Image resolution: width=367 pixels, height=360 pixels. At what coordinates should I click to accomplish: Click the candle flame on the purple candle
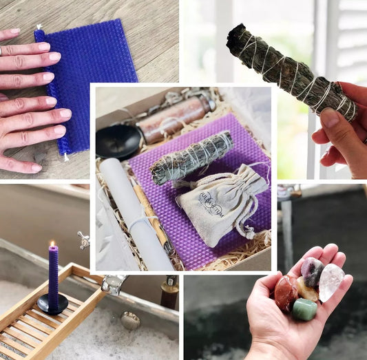point(52,244)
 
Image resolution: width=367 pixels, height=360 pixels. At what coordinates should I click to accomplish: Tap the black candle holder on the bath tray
point(52,304)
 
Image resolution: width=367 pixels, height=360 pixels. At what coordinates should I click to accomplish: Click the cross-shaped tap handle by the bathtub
point(83,240)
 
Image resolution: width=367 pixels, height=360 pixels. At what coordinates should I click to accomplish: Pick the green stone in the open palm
point(304,308)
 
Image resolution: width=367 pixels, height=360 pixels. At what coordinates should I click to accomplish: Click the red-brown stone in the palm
point(286,293)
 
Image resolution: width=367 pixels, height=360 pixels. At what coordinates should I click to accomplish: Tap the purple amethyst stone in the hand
point(312,271)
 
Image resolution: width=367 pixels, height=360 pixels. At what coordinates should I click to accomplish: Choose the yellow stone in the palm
point(308,290)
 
